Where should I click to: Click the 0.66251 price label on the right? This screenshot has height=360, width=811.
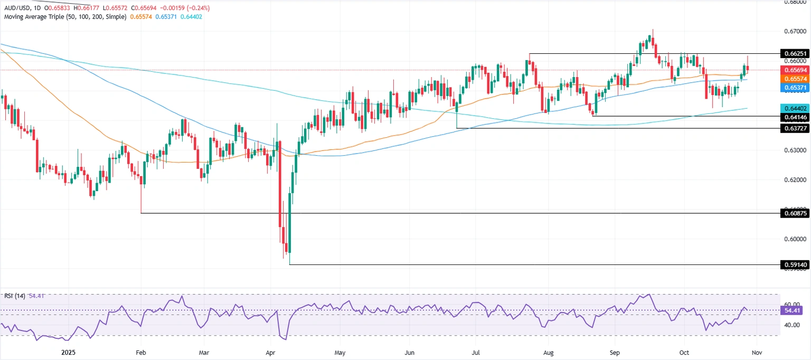pyautogui.click(x=795, y=54)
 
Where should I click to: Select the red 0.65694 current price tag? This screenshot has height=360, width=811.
pyautogui.click(x=795, y=70)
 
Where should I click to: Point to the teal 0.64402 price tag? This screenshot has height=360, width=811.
pyautogui.click(x=795, y=108)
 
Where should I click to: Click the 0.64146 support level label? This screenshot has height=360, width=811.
pyautogui.click(x=795, y=116)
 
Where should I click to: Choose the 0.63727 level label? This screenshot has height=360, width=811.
pyautogui.click(x=795, y=128)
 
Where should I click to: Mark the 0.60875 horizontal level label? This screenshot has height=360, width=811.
pyautogui.click(x=795, y=214)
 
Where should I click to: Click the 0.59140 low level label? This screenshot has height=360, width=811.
pyautogui.click(x=795, y=265)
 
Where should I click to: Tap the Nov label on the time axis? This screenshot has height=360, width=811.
pyautogui.click(x=757, y=352)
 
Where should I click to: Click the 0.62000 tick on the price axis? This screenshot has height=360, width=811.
pyautogui.click(x=795, y=180)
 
